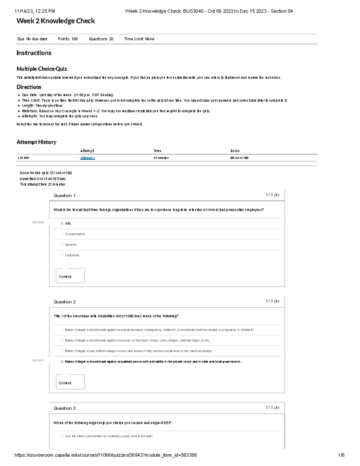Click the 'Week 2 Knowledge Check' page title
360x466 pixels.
(55, 21)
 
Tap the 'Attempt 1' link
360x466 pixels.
(87, 158)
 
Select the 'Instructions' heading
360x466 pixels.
(34, 53)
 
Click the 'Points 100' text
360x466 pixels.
(68, 39)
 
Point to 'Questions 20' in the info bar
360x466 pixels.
(101, 39)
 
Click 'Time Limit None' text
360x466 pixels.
(139, 39)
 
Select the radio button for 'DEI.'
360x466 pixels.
(62, 224)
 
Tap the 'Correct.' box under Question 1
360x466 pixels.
(70, 276)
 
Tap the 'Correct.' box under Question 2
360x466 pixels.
(70, 382)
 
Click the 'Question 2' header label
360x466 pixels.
(65, 302)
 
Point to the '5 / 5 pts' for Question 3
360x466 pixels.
(272, 407)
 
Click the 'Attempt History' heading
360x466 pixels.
(36, 142)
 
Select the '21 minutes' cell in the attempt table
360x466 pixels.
(161, 158)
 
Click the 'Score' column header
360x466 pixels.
(235, 151)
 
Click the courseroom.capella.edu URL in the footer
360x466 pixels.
(106, 455)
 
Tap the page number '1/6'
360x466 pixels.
(341, 455)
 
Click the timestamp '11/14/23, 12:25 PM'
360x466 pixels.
(35, 11)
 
